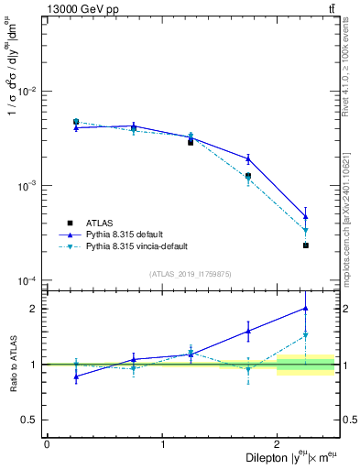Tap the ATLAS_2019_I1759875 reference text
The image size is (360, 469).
click(x=191, y=273)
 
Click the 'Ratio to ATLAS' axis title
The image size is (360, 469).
click(x=12, y=364)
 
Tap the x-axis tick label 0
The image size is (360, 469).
click(x=47, y=444)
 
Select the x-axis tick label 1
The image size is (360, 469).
click(x=162, y=444)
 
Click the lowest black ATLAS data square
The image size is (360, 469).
click(x=306, y=245)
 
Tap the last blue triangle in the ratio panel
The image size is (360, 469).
click(x=306, y=309)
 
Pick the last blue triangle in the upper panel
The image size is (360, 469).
click(x=306, y=217)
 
